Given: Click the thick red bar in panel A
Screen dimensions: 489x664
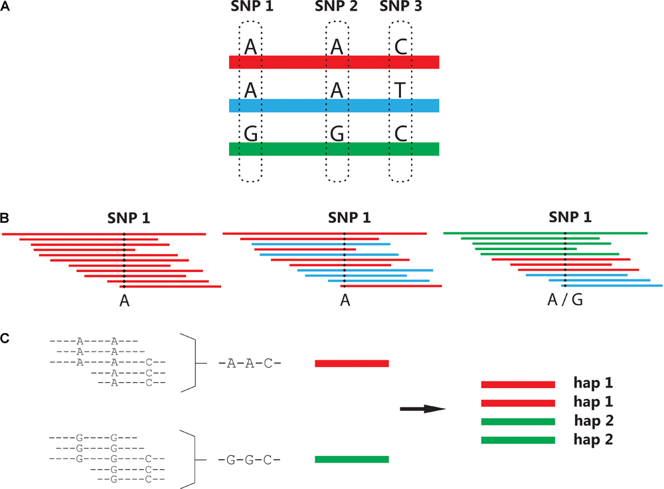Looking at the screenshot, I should point(334,62).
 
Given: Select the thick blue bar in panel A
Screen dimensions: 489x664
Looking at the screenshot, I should point(334,105).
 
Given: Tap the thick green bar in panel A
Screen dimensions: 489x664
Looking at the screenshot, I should point(334,149).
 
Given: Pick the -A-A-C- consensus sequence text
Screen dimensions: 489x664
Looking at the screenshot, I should point(249,364).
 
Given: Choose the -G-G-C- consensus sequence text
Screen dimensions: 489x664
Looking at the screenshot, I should point(249,459).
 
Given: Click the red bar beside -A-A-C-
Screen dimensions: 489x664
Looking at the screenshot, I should point(351,364).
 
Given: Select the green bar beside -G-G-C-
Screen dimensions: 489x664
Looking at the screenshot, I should point(351,459).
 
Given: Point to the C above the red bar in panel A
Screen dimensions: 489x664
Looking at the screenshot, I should point(400,46).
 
